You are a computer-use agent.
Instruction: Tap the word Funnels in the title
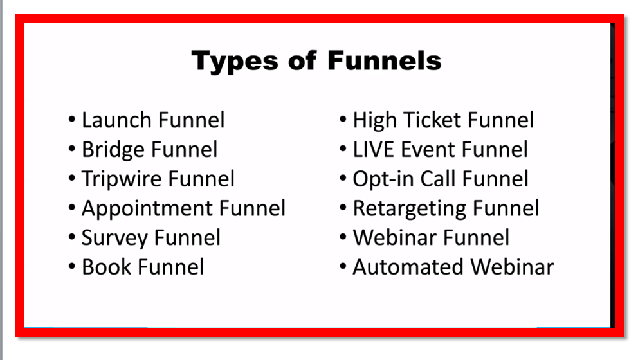tap(384, 61)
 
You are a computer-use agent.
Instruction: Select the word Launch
tap(117, 120)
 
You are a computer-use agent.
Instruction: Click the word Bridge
tap(113, 150)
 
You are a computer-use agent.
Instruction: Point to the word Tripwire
tap(119, 179)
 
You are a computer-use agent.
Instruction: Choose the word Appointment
tap(147, 208)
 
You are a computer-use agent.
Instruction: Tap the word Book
tap(105, 267)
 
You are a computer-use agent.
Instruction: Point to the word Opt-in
tap(383, 179)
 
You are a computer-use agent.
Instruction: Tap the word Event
tap(428, 150)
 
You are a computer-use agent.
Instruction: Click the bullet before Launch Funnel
tap(71, 120)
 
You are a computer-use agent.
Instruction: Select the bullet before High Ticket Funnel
tap(343, 120)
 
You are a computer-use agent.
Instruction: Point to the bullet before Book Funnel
tap(71, 267)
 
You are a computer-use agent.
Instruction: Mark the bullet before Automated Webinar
tap(343, 267)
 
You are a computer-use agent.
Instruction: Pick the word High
tap(375, 120)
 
